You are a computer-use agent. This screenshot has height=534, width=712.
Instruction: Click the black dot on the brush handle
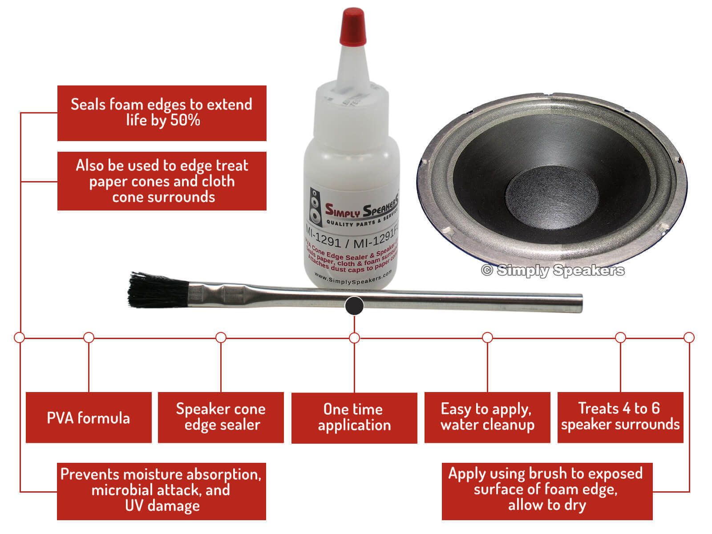pos(354,306)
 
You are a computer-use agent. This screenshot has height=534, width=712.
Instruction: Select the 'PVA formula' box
pos(89,417)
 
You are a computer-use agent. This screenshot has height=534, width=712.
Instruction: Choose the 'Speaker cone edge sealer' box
pos(221,417)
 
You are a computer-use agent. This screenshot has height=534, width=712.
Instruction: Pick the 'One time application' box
pos(354,417)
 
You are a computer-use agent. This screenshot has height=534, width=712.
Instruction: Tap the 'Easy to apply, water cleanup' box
pos(487,417)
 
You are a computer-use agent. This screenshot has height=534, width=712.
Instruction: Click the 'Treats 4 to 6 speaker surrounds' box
pos(620,417)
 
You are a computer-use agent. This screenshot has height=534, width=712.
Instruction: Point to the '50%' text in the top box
pos(185,120)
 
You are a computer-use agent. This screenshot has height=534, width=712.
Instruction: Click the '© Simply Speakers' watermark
pos(553,270)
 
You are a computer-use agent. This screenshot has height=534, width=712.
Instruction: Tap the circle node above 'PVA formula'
pos(89,337)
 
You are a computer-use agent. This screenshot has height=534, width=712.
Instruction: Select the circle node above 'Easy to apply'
pos(487,337)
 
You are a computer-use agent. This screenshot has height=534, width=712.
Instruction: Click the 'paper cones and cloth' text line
pos(162,182)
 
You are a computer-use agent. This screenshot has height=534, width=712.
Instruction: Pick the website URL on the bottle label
pos(353,277)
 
